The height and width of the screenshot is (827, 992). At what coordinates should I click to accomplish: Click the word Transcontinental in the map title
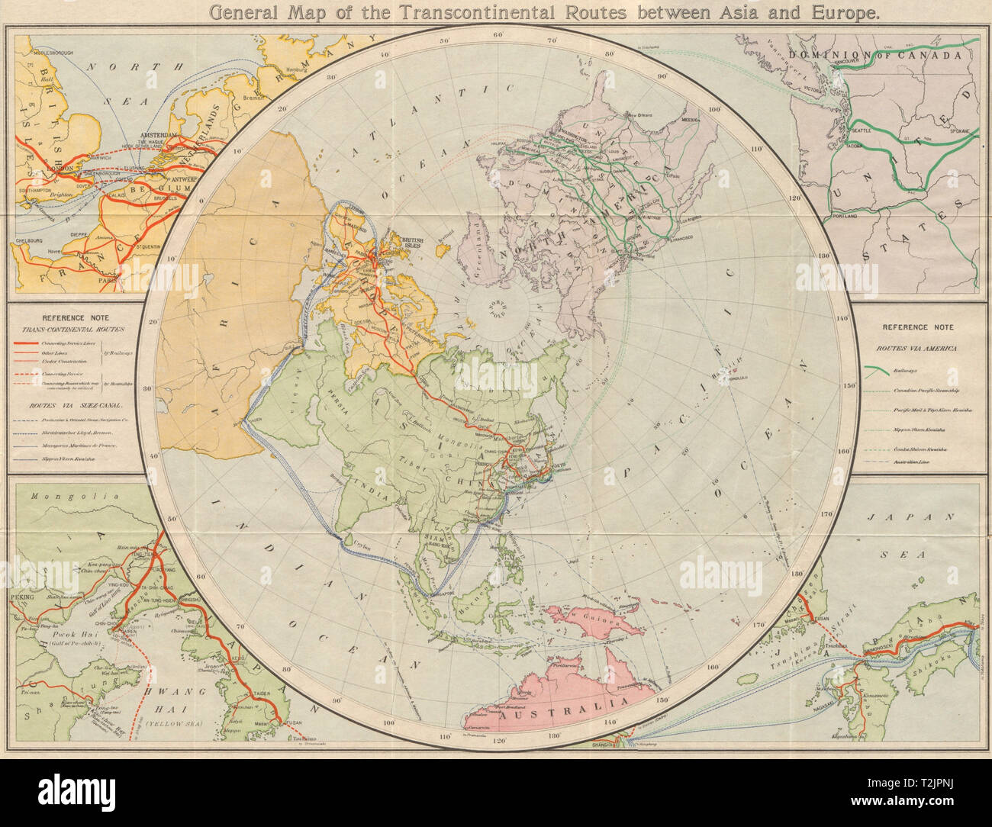(x=413, y=11)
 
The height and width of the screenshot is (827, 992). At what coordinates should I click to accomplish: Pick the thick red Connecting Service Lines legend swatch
(x=28, y=346)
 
